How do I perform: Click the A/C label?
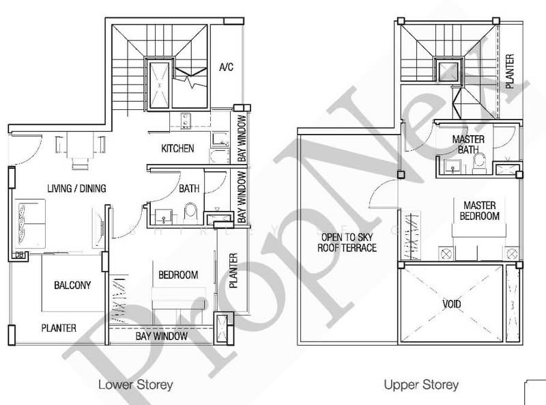227,67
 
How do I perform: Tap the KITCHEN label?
177,148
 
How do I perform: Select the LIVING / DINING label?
76,188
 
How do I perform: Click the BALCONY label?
72,285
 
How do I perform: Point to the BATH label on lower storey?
189,188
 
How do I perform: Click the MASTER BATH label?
469,144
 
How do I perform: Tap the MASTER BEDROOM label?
480,210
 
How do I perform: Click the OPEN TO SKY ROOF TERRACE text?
347,243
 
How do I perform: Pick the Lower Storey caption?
136,385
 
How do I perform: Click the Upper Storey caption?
421,385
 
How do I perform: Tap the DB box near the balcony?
19,255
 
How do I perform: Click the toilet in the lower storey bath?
191,213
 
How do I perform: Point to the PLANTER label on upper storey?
509,72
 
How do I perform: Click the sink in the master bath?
451,165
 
